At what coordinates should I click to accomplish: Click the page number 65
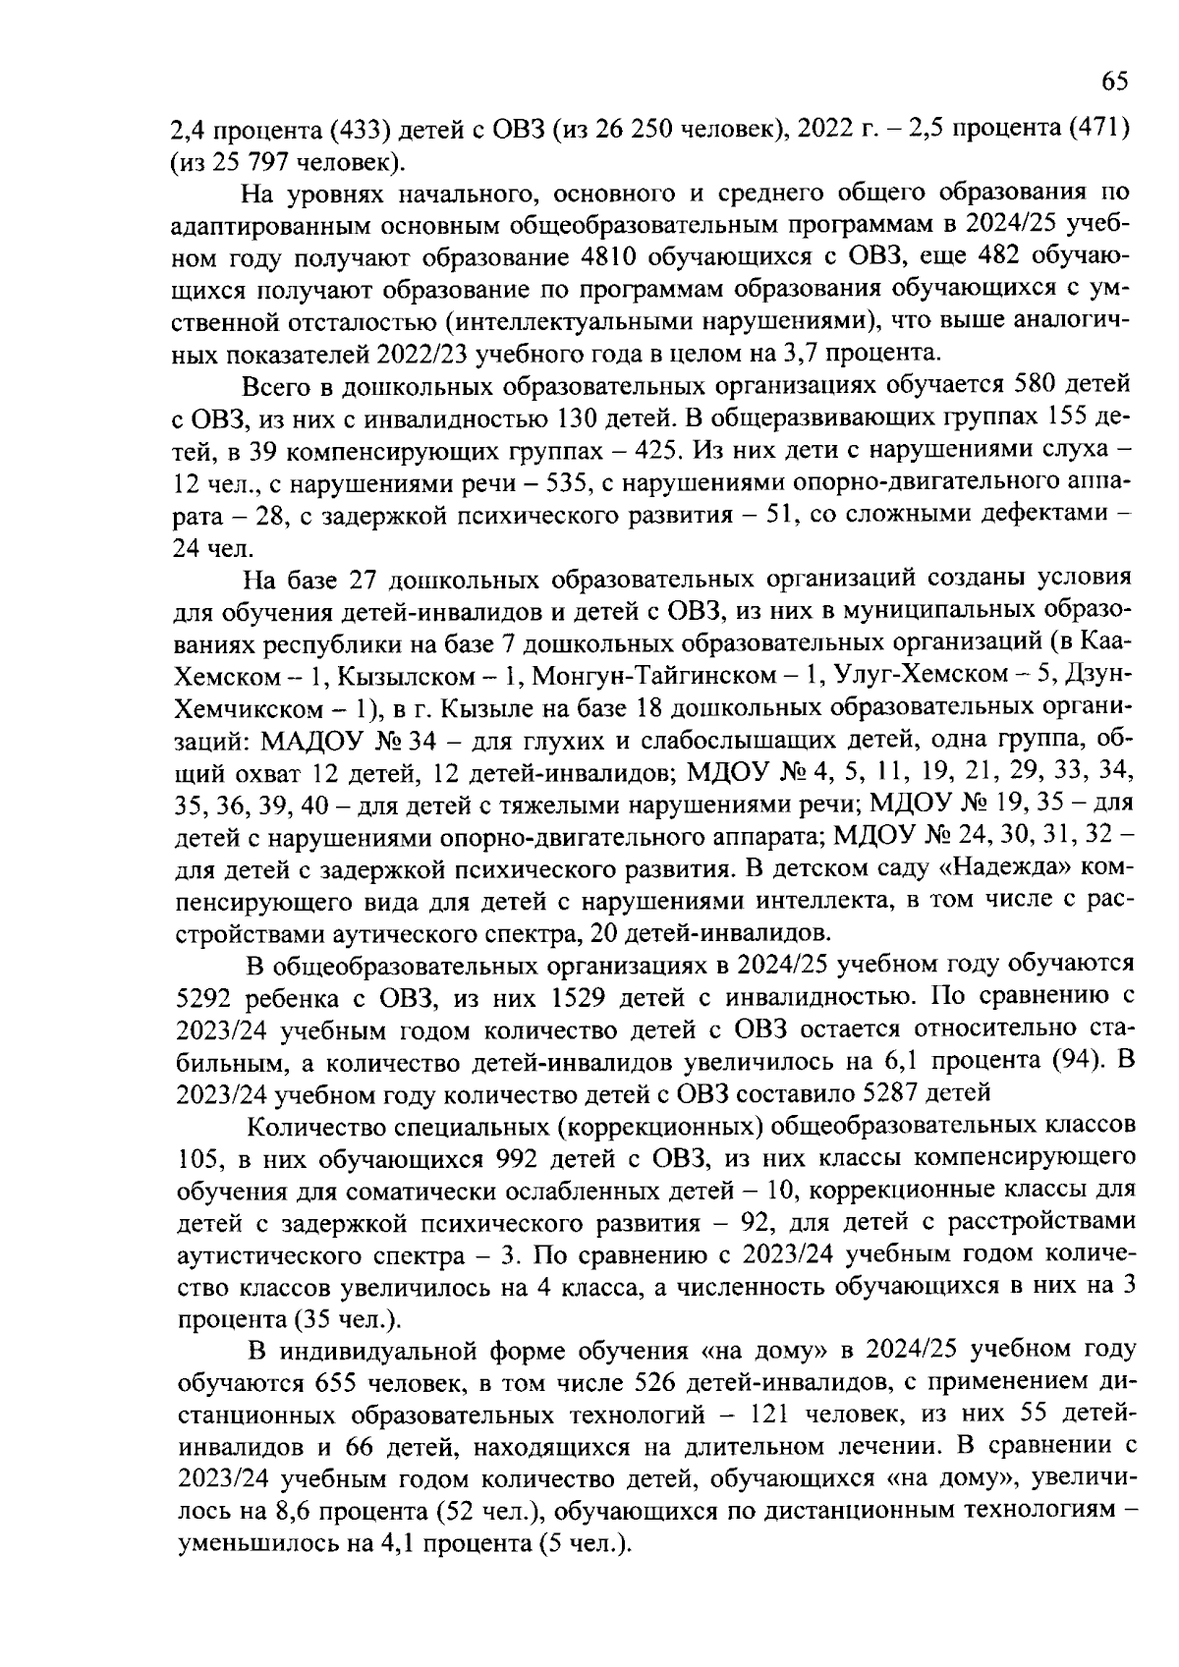click(x=1114, y=83)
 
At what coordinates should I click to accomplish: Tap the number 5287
click(x=896, y=1093)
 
